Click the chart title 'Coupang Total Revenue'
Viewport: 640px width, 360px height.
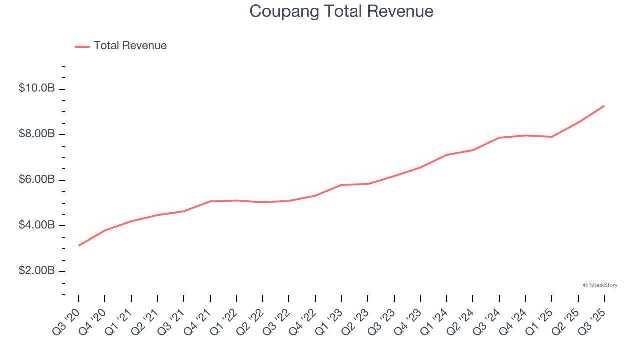(341, 11)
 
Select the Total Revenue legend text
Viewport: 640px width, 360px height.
(130, 46)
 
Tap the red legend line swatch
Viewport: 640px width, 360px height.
(82, 46)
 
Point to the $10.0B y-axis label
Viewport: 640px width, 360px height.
(37, 88)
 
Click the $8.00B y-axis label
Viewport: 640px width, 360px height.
(37, 134)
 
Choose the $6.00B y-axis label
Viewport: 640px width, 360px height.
(37, 179)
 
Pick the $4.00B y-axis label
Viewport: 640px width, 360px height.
(37, 225)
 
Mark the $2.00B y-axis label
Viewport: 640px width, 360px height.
(37, 271)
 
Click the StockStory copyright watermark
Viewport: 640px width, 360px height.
(600, 285)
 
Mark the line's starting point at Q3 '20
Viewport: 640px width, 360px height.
(79, 245)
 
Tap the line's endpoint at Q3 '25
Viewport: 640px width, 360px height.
(604, 106)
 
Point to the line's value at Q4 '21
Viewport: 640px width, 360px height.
(210, 201)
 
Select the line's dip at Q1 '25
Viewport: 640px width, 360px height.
(551, 137)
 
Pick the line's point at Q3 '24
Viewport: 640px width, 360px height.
(499, 138)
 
